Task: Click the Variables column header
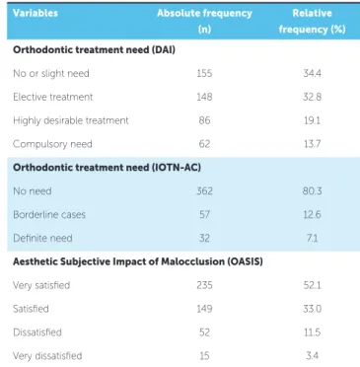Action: coord(36,13)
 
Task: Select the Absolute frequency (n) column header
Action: coord(204,21)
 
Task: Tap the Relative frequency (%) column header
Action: coord(312,21)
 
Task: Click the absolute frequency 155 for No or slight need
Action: coord(204,73)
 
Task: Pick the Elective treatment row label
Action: coord(53,97)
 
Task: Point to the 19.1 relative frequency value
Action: coord(312,120)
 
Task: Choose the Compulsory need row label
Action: coord(52,144)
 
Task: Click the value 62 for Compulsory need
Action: coord(204,144)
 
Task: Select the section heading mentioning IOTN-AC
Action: coord(107,168)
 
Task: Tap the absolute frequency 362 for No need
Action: coord(204,190)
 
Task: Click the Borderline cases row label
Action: coord(49,214)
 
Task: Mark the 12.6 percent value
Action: coord(312,214)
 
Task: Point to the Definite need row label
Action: coord(42,238)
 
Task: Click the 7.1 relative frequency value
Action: coord(312,238)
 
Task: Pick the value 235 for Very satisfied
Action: coord(204,285)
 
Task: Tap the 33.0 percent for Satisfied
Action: coord(312,309)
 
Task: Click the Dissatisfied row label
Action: coord(37,332)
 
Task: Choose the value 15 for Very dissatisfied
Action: coord(204,355)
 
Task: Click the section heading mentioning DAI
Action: coord(94,50)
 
